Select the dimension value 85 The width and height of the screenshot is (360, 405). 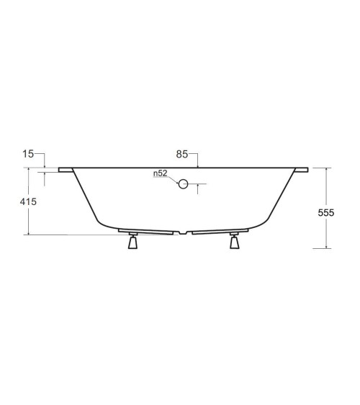182,154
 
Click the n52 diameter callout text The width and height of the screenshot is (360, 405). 160,173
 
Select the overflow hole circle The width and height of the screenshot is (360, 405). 184,184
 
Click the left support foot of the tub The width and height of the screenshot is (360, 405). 131,242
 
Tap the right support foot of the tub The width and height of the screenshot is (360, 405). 235,242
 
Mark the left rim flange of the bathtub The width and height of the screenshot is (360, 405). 66,170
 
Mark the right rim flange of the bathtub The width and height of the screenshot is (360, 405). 301,170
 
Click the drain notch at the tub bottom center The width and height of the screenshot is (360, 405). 184,232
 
